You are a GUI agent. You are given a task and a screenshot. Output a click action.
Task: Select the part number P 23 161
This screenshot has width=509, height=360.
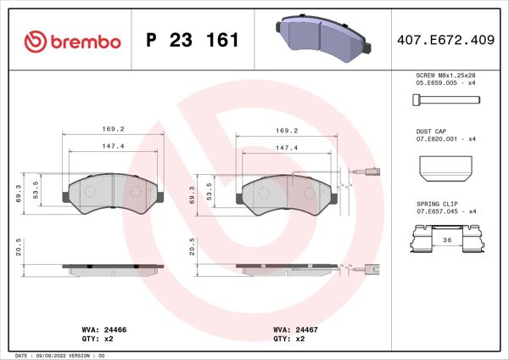pos(193,40)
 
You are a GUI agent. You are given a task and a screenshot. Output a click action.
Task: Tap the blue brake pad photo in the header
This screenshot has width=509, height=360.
pos(322,37)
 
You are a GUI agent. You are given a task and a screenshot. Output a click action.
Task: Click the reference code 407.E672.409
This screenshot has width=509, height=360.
pos(446,40)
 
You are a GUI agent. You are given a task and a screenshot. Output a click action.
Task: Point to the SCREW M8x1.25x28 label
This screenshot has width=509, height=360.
pos(446,76)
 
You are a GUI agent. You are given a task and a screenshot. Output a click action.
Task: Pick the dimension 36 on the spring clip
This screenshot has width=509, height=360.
pos(446,240)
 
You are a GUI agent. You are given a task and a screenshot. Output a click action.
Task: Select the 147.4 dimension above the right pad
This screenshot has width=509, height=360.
pos(286,146)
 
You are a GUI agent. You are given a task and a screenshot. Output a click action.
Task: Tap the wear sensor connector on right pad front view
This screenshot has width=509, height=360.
pos(372,173)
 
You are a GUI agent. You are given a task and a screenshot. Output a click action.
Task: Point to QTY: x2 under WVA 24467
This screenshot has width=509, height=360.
pos(288,337)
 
